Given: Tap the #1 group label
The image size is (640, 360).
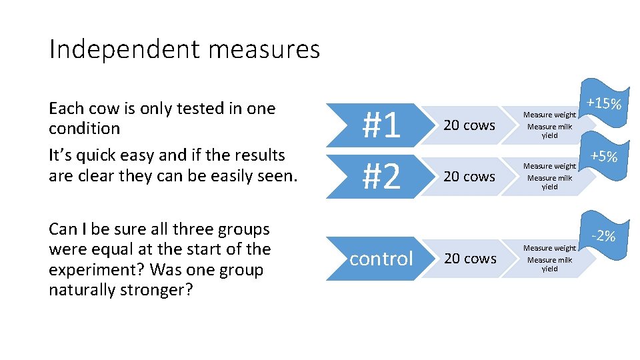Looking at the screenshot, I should [381, 125].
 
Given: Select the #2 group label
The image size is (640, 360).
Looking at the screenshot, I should [381, 176].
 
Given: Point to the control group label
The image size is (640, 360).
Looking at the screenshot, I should [381, 258].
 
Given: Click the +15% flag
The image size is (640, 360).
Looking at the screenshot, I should [605, 104].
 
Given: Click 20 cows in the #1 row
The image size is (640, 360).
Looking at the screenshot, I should [469, 125].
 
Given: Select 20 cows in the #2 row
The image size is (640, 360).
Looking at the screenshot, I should [469, 177].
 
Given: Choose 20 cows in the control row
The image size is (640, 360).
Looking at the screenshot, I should [469, 259].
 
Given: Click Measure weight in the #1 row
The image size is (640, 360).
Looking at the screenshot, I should [549, 115].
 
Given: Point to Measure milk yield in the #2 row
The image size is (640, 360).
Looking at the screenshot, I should [549, 182].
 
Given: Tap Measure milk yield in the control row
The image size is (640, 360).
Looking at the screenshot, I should [549, 264].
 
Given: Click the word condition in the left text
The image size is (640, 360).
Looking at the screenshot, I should [85, 129].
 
